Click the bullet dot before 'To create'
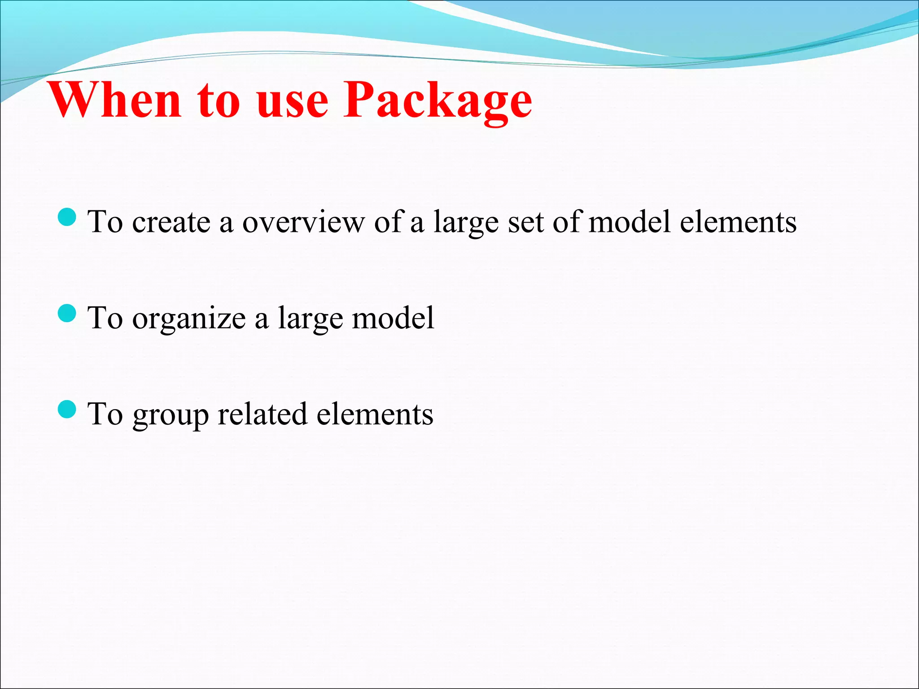[x=67, y=217]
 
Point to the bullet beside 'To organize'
[x=67, y=313]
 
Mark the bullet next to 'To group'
[x=67, y=409]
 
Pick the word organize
[x=189, y=318]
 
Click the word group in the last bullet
[x=171, y=415]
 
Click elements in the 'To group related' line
[x=375, y=414]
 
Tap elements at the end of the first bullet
[x=738, y=222]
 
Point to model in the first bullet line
[x=630, y=222]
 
